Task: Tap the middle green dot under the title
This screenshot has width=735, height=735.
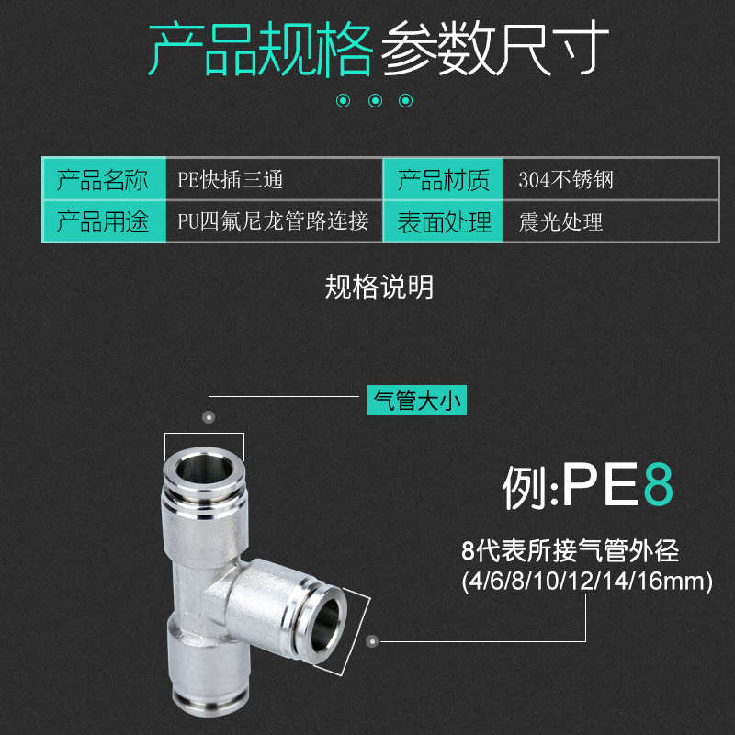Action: point(375,101)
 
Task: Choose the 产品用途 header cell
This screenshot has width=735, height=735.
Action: point(103,222)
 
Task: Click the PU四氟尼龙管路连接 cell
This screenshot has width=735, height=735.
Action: point(273,222)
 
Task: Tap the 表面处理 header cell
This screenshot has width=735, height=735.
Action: point(443,222)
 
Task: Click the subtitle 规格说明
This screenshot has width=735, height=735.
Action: point(379,288)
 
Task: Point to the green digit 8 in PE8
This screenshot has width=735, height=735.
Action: point(658,486)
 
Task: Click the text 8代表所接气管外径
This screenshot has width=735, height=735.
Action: point(570,552)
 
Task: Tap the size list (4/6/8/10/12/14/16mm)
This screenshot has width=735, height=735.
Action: point(585,581)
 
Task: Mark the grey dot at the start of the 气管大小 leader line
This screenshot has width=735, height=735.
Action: point(209,416)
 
